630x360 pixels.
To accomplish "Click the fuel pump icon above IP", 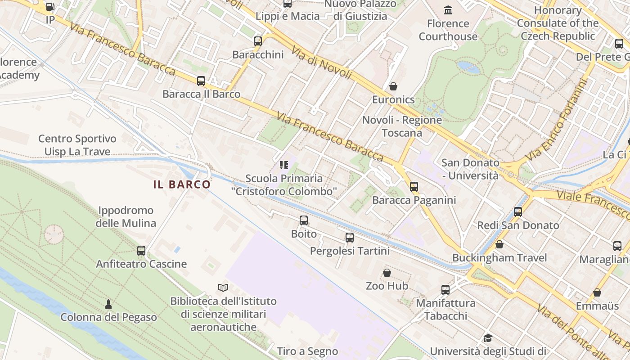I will click(x=50, y=7).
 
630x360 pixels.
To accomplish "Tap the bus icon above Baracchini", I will click(x=258, y=41).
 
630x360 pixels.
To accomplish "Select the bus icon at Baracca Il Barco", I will click(x=201, y=81).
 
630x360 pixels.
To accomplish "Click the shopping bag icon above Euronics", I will click(x=393, y=86).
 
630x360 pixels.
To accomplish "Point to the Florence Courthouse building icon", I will click(x=448, y=10).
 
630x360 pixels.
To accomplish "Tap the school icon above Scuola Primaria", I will click(x=283, y=165).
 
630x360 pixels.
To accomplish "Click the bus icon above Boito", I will click(x=304, y=220).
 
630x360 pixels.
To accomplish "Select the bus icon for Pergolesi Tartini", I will click(x=350, y=238).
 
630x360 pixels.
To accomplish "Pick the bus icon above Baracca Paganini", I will click(x=414, y=186).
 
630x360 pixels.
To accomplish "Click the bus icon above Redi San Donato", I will click(x=518, y=211).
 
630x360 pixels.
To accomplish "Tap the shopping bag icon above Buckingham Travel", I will click(x=499, y=244).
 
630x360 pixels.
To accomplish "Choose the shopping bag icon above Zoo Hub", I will click(x=387, y=272).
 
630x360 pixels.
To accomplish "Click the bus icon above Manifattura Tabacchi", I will click(x=445, y=290).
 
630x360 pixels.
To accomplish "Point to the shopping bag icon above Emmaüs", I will click(x=597, y=292).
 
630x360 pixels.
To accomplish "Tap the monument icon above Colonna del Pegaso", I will click(x=108, y=304).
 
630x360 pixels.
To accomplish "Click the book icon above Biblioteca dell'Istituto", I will click(x=223, y=288).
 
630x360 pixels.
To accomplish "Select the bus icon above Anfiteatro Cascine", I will click(x=141, y=251).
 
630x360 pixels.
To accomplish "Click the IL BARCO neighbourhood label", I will click(x=182, y=184).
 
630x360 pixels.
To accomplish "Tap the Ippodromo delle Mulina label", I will click(x=126, y=216).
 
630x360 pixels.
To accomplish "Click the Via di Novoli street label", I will click(x=321, y=63).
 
